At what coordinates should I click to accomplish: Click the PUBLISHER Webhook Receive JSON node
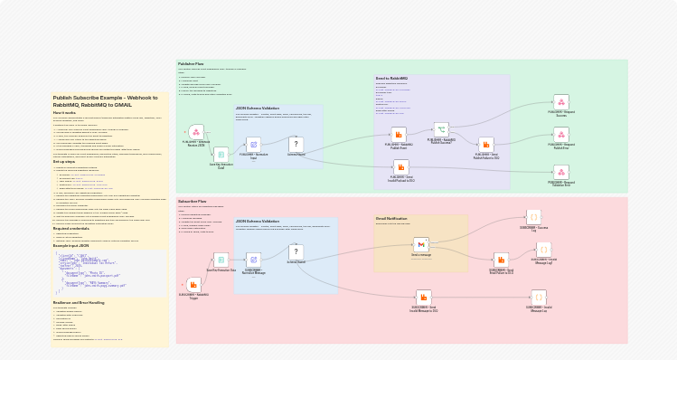coord(196,132)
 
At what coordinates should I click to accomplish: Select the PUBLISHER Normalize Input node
coord(253,145)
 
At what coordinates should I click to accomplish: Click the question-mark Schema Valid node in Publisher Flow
coord(296,144)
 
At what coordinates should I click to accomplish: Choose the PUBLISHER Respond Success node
coord(561,102)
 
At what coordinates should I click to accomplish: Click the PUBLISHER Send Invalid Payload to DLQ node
coord(401,166)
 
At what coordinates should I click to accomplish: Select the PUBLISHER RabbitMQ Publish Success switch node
coord(441,129)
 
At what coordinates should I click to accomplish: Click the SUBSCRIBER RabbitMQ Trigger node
coord(193,284)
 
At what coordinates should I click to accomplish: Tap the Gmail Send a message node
coord(421,244)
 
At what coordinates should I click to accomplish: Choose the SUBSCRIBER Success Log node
coord(533,217)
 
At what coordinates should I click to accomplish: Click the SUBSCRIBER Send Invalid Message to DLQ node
coord(423,297)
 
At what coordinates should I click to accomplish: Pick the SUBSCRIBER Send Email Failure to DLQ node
coord(501,260)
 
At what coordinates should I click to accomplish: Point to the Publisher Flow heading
coord(191,64)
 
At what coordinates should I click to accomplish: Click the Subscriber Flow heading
coord(193,202)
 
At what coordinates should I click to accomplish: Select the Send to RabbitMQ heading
coord(391,79)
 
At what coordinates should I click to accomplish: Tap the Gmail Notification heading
coord(391,218)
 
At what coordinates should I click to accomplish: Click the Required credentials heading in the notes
coord(71,229)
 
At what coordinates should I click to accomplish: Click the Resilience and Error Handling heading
coord(79,302)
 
